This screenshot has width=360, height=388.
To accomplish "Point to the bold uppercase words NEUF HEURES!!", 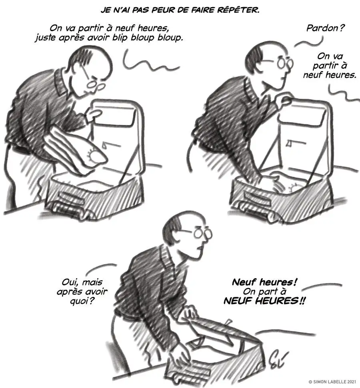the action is (264, 301).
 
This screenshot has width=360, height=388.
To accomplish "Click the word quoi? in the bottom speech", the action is (82, 301).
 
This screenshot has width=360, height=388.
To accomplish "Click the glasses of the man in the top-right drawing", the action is (284, 63).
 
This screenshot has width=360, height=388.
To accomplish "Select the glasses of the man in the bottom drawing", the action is (202, 233).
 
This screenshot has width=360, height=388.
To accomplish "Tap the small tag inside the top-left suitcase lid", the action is (105, 146).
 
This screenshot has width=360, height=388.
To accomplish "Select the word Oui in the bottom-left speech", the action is (70, 282).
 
